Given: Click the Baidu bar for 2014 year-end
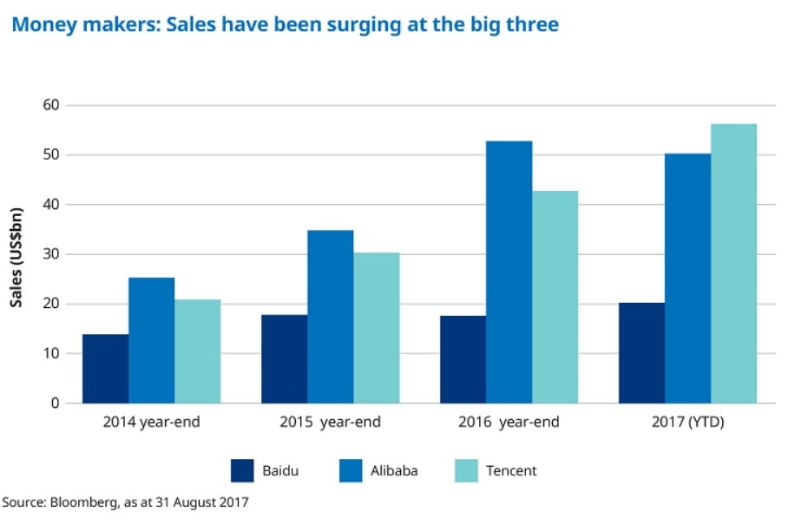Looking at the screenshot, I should click(x=105, y=369).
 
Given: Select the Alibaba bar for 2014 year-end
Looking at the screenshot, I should click(x=151, y=340).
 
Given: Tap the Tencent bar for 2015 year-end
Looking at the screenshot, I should click(x=376, y=328).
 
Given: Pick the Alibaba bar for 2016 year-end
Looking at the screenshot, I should click(x=509, y=272).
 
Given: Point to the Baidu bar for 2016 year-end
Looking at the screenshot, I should click(x=463, y=359).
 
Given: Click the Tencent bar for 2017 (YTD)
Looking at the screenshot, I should click(x=733, y=263).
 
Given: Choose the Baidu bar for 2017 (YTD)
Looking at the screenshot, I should click(x=641, y=352).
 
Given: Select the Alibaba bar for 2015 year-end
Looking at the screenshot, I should click(x=330, y=317).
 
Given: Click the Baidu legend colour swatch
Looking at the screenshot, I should click(x=242, y=470).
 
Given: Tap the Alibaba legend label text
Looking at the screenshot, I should click(x=394, y=470).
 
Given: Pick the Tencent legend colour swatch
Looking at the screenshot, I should click(x=466, y=470).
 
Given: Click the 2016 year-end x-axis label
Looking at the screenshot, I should click(x=509, y=423).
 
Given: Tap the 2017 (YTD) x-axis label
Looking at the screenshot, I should click(x=687, y=423).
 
